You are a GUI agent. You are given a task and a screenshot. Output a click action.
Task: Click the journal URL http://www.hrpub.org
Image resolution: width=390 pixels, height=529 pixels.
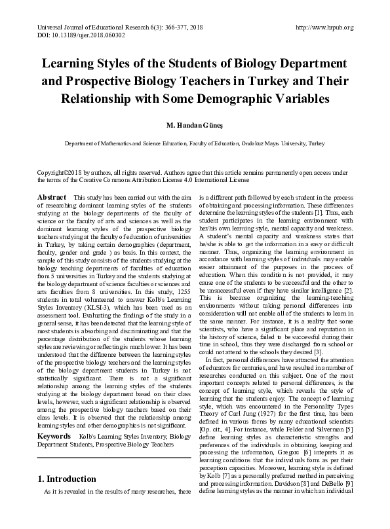pos(325,27)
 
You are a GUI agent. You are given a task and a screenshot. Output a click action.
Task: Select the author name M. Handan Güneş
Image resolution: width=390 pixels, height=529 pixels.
pos(195,124)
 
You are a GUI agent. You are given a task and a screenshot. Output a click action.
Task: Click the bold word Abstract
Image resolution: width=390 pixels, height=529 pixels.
pos(52,197)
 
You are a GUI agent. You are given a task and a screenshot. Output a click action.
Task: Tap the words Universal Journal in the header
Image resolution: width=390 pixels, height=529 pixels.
pos(60,27)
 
